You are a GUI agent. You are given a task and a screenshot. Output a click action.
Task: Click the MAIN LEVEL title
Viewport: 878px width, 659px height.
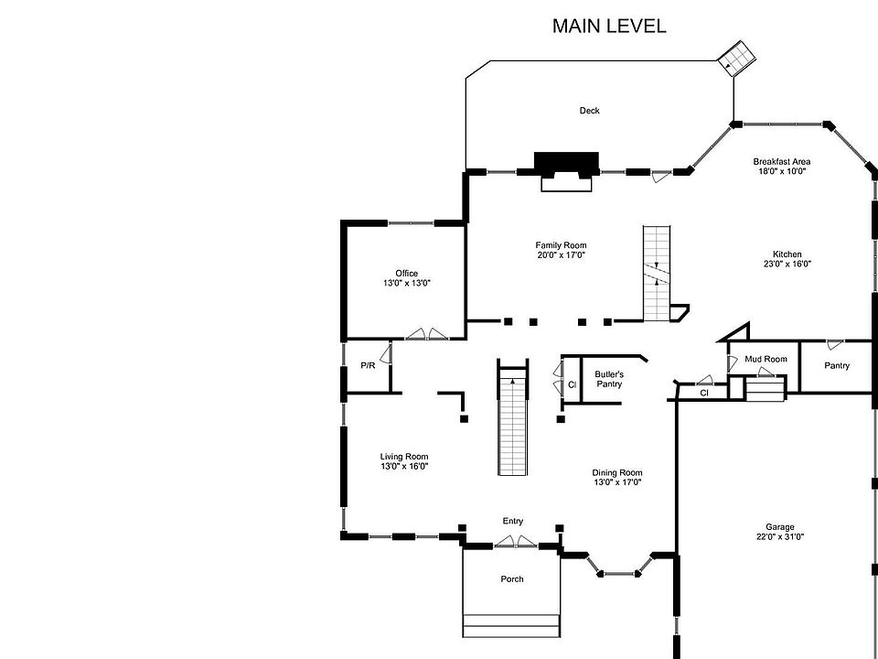[x=608, y=26]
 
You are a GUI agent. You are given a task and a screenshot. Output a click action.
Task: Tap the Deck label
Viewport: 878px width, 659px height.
[x=589, y=111]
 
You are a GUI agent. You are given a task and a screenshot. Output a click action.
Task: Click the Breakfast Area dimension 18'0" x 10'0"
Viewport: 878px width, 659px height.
[x=781, y=171]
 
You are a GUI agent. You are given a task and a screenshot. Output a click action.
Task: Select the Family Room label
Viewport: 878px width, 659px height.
[x=561, y=245]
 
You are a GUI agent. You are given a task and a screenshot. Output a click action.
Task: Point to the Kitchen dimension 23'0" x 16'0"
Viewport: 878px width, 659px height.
[x=787, y=265]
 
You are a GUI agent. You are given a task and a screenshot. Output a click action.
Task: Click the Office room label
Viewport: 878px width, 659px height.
[x=406, y=274]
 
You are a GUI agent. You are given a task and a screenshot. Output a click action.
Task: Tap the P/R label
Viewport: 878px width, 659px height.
[x=368, y=365]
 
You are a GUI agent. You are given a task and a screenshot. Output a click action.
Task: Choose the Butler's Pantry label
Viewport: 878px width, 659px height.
[x=609, y=379]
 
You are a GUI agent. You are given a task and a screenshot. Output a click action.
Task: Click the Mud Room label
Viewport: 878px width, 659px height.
[x=766, y=359]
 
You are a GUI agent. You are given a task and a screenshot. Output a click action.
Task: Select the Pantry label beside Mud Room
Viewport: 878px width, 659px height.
[x=836, y=366]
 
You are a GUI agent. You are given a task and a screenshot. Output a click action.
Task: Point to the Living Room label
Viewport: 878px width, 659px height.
[x=404, y=457]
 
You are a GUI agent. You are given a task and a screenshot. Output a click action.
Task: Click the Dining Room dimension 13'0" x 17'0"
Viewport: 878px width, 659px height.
[x=617, y=482]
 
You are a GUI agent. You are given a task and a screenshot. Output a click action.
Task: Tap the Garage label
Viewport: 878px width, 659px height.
[x=779, y=527]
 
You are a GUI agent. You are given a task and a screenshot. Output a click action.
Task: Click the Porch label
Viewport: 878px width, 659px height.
[x=512, y=579]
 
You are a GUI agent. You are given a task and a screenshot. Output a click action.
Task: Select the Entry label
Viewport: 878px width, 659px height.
[x=513, y=521]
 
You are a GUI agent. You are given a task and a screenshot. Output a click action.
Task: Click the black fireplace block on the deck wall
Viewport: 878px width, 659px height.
[x=566, y=163]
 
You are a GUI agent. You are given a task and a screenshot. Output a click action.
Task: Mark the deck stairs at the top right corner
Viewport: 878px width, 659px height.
[x=736, y=59]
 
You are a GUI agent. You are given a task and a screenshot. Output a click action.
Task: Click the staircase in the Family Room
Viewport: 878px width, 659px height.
[x=656, y=272]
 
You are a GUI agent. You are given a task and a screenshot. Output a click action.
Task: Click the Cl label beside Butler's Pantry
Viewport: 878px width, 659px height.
[x=572, y=384]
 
